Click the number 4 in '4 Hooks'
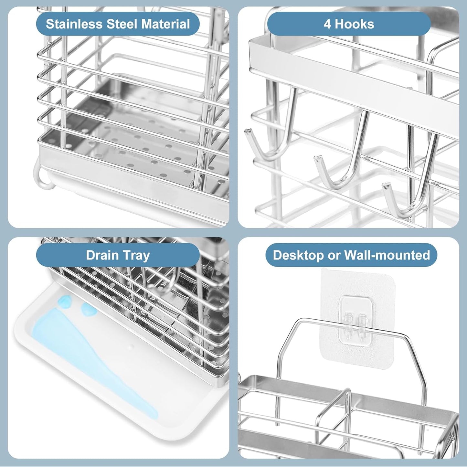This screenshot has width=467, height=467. [327, 24]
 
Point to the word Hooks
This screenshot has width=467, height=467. [354, 24]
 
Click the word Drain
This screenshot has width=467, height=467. [102, 255]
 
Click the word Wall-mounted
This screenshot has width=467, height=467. [387, 255]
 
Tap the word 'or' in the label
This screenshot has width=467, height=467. [334, 255]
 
